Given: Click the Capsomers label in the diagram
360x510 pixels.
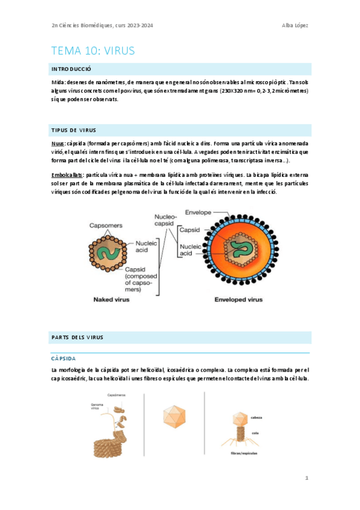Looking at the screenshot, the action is (x=106, y=226).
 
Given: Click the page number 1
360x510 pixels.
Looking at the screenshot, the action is (x=307, y=478).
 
